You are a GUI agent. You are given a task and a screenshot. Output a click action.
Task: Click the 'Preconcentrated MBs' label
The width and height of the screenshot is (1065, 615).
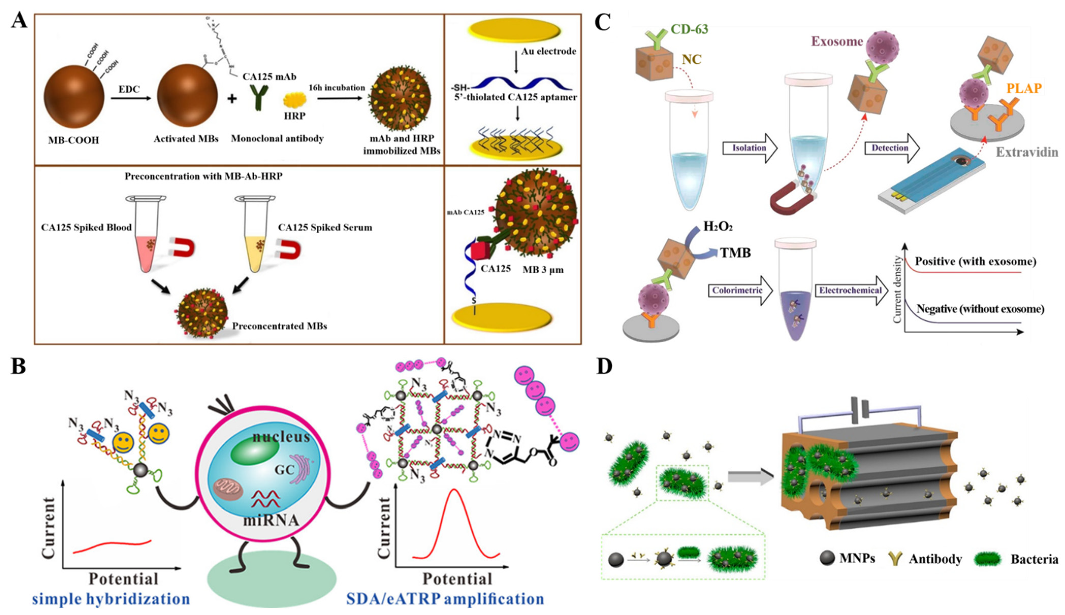click(x=279, y=326)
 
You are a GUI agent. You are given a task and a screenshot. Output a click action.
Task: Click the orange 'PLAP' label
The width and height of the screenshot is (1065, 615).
click(x=1024, y=88)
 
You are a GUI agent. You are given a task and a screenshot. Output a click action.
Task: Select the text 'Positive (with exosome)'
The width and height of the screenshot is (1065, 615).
click(x=975, y=261)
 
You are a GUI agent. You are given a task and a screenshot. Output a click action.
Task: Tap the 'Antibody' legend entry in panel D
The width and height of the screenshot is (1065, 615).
click(x=935, y=559)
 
